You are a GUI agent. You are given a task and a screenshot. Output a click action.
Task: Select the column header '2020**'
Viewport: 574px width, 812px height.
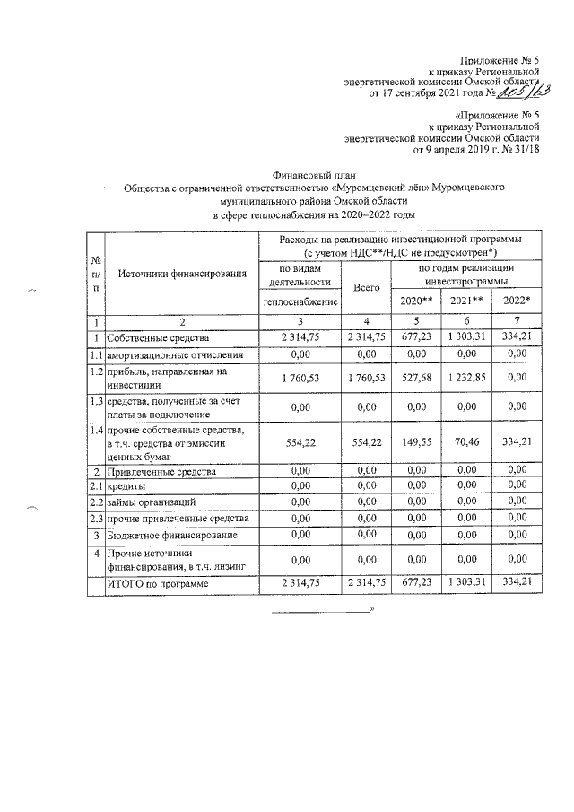point(415,299)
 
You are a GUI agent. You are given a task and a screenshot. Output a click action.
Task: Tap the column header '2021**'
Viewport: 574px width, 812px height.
point(465,299)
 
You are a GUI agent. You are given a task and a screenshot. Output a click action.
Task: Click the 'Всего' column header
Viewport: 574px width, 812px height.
point(367,288)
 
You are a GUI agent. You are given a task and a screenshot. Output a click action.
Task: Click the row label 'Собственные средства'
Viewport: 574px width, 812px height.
point(158,338)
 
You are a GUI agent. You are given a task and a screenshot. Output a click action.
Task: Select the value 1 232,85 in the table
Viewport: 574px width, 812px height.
point(465,378)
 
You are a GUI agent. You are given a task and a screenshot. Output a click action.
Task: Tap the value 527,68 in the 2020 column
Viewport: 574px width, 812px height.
point(415,378)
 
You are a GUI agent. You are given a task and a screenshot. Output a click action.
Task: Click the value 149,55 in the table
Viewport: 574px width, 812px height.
point(415,442)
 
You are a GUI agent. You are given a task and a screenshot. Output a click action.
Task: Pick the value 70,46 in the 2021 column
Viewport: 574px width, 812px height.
point(465,442)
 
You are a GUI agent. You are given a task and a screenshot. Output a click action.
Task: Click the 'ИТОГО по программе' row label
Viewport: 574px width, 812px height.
point(158,584)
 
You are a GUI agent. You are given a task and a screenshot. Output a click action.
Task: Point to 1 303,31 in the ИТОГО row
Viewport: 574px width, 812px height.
point(465,584)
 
